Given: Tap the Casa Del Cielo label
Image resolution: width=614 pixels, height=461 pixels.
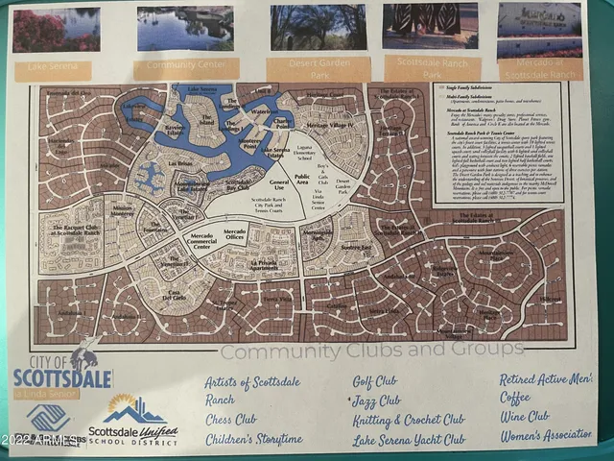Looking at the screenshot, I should tap(170, 295).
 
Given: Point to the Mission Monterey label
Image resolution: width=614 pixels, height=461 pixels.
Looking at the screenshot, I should tap(123, 210).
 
